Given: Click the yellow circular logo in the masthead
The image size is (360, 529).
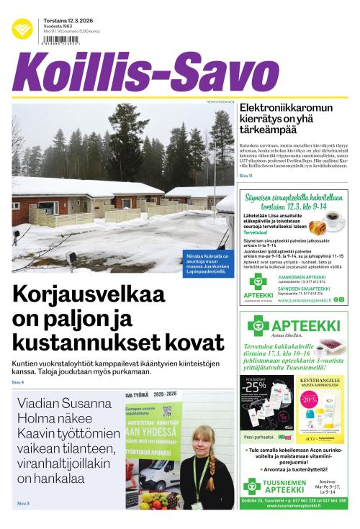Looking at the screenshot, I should [22, 29].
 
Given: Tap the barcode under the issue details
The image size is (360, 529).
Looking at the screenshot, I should [61, 41].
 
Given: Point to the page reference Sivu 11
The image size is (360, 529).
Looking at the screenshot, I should [246, 176].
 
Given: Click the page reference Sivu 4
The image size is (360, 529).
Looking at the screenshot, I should [18, 382].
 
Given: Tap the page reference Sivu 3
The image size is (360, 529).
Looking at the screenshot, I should [22, 503].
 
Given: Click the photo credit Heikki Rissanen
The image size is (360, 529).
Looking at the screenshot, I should [220, 101].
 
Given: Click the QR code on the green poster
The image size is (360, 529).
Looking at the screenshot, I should [167, 411].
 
